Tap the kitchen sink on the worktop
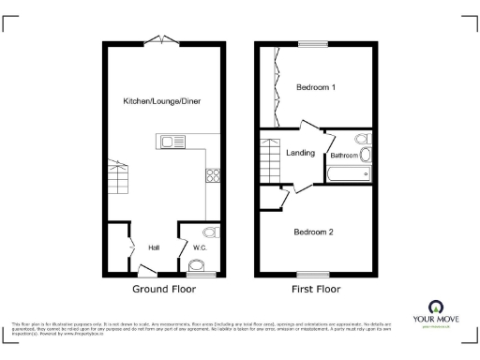tap(173, 142)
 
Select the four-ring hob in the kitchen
tap(212, 174)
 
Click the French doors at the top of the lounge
tap(164, 39)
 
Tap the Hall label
tap(154, 247)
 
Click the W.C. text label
tap(199, 247)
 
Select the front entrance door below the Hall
tap(146, 271)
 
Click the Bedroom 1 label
tap(316, 87)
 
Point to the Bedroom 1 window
tap(314, 43)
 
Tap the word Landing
tap(300, 153)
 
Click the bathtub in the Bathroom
tap(348, 173)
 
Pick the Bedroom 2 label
tap(313, 231)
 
